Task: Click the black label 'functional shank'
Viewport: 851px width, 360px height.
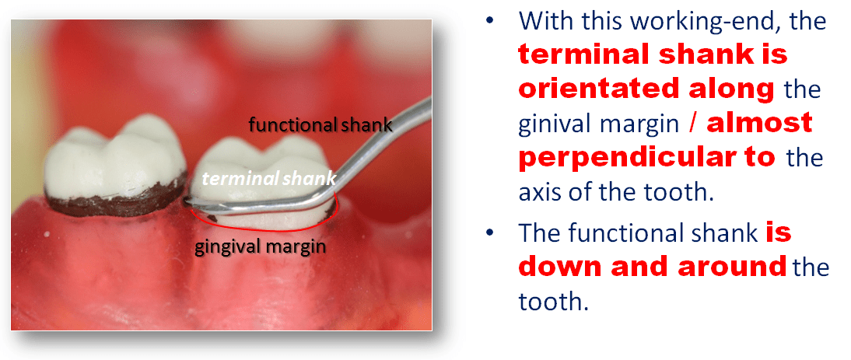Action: click(x=320, y=125)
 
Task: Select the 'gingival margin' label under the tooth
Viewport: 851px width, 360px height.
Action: click(x=261, y=247)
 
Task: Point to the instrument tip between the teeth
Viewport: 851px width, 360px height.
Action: click(x=187, y=202)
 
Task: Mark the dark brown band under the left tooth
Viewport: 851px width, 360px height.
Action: click(x=117, y=201)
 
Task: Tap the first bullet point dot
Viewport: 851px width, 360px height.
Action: click(x=491, y=20)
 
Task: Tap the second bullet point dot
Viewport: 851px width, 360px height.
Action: click(x=491, y=232)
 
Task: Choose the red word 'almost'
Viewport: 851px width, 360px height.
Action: click(x=759, y=123)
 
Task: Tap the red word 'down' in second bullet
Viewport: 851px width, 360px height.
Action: click(x=563, y=267)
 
